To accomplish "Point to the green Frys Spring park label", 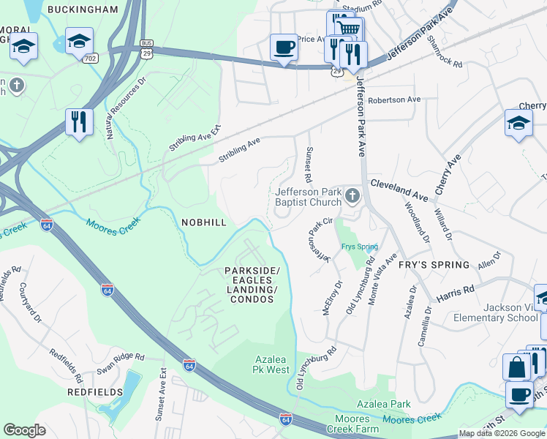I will coord(358,247).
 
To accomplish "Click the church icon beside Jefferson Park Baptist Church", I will coord(352,195).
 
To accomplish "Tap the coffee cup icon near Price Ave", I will coord(284,48).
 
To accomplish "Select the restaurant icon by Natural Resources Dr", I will coord(79,121).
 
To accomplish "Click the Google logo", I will coord(24,430).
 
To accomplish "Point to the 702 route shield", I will coord(91,58).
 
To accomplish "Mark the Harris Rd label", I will coord(456,295).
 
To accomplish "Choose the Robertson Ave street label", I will coord(395,100).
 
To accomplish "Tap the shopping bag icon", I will coord(516,367).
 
